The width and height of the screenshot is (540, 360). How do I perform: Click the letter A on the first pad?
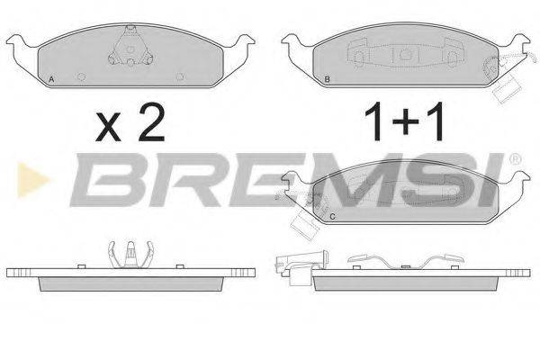coord(52,81)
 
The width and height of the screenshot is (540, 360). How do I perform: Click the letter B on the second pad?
coord(328,81)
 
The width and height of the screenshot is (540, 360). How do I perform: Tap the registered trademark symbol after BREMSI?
coord(514,159)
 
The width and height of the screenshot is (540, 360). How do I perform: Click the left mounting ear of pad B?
coord(295,42)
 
